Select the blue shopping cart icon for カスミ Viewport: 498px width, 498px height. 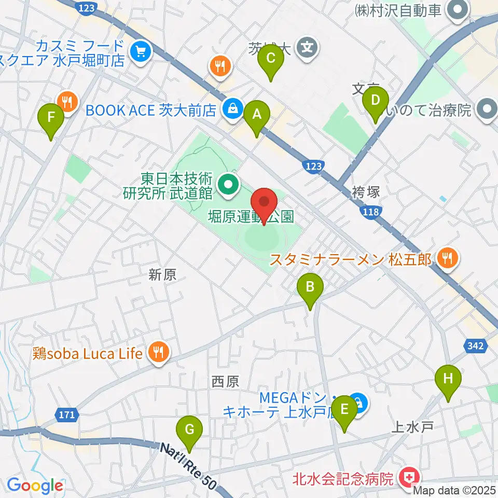(140, 51)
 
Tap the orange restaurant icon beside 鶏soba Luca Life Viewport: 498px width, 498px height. (158, 353)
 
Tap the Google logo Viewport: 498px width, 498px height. (35, 486)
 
